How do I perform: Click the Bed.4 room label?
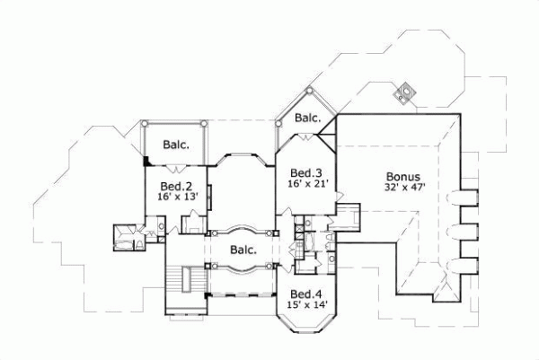pos(305,294)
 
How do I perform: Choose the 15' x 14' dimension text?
pos(305,305)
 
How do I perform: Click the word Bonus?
pos(402,176)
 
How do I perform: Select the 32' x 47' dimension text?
pos(402,188)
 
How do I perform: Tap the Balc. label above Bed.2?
pos(175,144)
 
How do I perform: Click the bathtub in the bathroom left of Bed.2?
pos(119,236)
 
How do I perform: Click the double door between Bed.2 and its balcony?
pos(176,168)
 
